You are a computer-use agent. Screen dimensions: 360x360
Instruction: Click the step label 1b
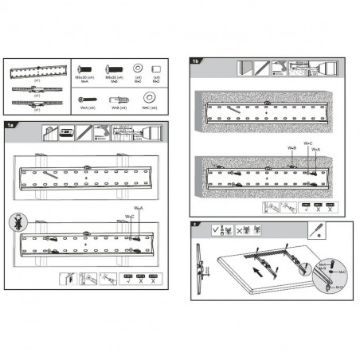[x=195, y=61]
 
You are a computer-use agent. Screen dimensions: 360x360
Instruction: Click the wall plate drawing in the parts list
[x=35, y=72]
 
